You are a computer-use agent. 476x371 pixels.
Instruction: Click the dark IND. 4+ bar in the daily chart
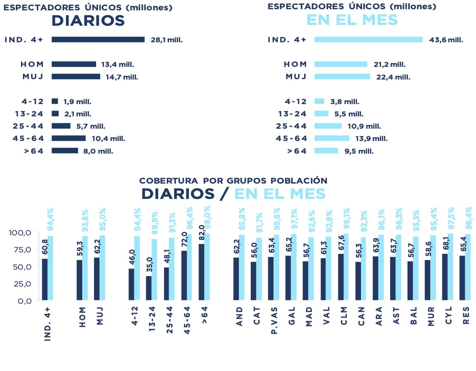click(x=98, y=39)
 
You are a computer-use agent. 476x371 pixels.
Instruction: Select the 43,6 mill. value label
click(x=446, y=40)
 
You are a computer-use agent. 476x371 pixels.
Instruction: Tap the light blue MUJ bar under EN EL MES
click(x=342, y=76)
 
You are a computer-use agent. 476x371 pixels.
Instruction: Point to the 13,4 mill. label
click(x=117, y=64)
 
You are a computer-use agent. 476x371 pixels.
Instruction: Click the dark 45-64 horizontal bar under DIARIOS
click(x=69, y=138)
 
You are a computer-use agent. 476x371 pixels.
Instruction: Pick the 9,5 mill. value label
click(x=359, y=151)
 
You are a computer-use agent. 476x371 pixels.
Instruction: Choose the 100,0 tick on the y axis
click(x=20, y=233)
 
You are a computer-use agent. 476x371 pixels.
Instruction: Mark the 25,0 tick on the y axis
click(x=22, y=284)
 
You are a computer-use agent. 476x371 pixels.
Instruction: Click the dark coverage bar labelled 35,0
click(x=149, y=288)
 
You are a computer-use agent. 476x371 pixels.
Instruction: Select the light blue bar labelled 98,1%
click(x=346, y=267)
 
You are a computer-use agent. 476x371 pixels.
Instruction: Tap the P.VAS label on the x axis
click(x=274, y=320)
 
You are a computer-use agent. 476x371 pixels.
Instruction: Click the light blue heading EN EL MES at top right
click(x=352, y=20)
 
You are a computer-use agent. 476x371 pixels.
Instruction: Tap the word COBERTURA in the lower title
click(x=168, y=181)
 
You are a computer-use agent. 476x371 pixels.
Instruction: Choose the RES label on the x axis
click(x=466, y=316)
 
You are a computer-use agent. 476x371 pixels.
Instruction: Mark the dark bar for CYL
click(x=445, y=277)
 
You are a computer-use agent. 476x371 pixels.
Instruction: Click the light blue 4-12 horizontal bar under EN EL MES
click(x=319, y=101)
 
